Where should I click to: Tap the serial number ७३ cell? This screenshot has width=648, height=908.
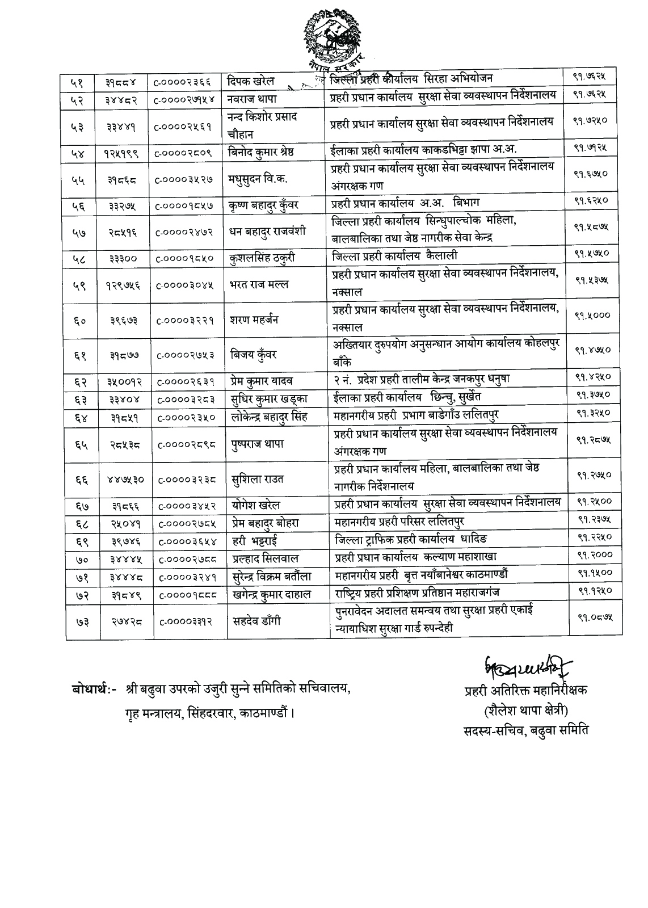point(79,621)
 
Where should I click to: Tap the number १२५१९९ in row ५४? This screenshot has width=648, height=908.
point(121,154)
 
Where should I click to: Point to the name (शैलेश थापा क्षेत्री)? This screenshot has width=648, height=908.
point(525,710)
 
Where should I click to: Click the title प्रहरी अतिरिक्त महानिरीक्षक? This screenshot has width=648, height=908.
point(525,691)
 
